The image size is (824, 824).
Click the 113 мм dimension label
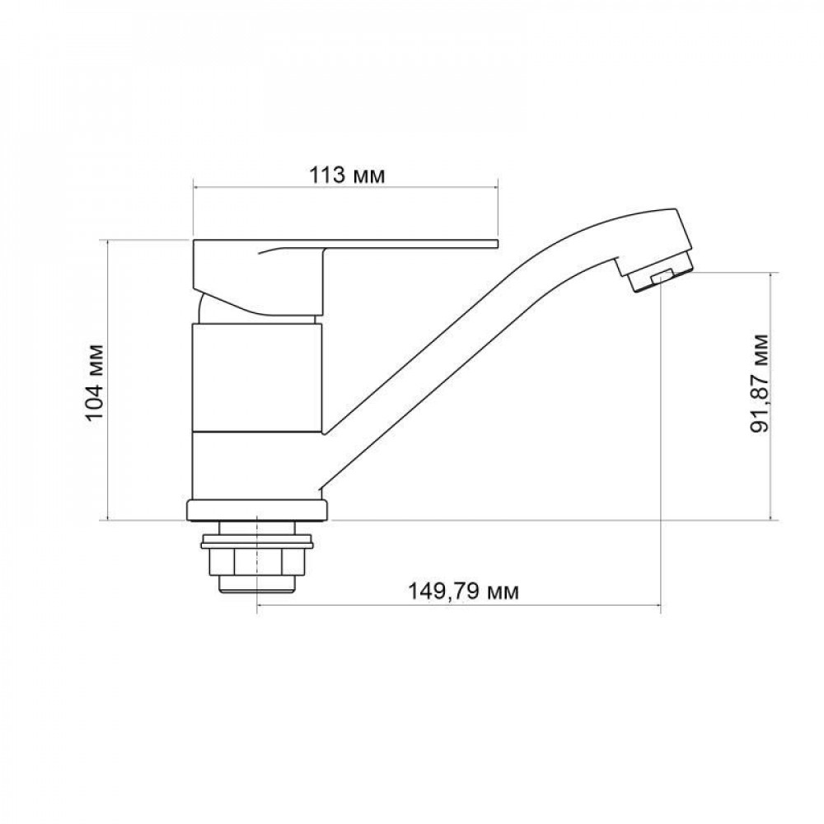tap(346, 176)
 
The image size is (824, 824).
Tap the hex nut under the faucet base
tap(259, 564)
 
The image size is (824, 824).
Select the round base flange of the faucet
tap(259, 510)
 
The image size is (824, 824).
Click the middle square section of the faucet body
tap(259, 377)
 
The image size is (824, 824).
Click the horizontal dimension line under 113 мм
tap(346, 189)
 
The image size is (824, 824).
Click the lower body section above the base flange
tap(247, 466)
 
